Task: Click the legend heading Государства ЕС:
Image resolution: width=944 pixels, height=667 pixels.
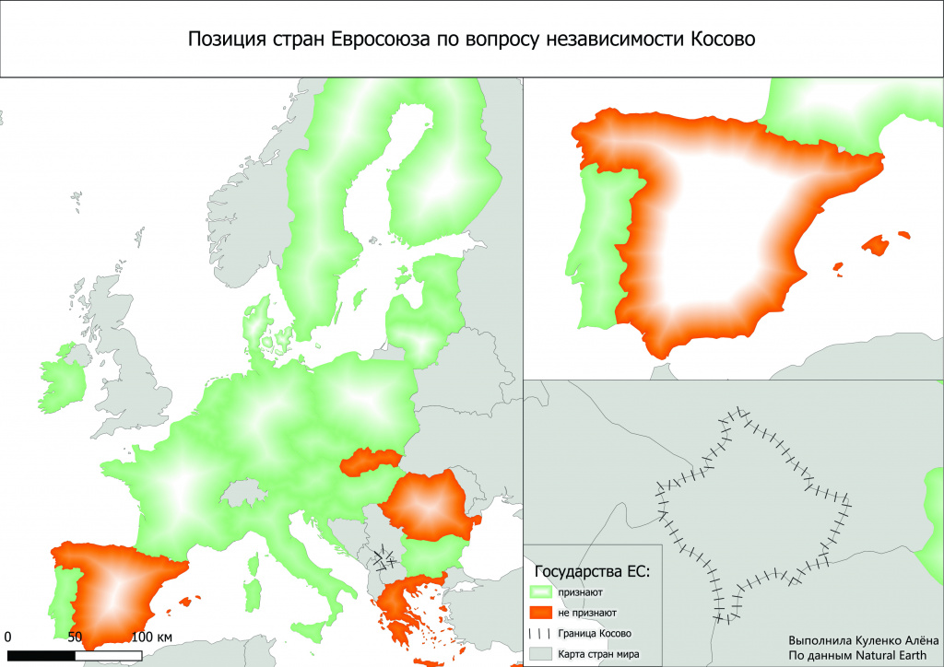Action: (593, 572)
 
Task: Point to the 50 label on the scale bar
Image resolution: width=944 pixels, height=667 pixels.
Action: (75, 637)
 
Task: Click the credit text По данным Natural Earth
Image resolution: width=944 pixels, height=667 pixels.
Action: (856, 655)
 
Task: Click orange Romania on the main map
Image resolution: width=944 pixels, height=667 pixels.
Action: (429, 506)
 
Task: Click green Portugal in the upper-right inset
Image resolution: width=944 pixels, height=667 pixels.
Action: (597, 249)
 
